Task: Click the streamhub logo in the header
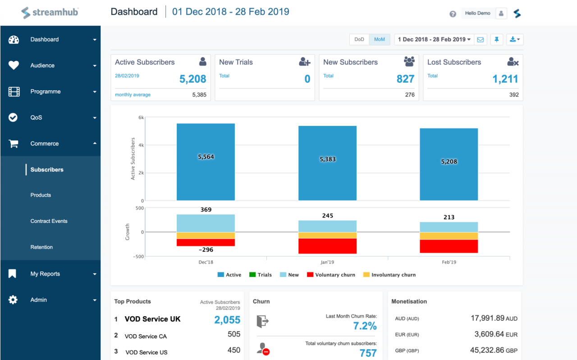coord(50,12)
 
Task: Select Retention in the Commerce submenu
coord(41,247)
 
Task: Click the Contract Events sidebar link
coord(49,221)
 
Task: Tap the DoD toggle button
coord(359,39)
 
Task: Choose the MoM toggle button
coord(380,39)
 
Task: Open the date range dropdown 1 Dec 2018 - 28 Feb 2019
coord(434,39)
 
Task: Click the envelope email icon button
coord(481,40)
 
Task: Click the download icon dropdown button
coord(514,40)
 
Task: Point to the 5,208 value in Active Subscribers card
coord(192,79)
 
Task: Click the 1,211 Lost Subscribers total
coord(505,79)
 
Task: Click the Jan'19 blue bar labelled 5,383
coord(327,163)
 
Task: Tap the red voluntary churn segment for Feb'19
coord(449,246)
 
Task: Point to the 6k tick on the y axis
coord(141,118)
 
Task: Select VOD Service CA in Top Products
coord(146,336)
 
